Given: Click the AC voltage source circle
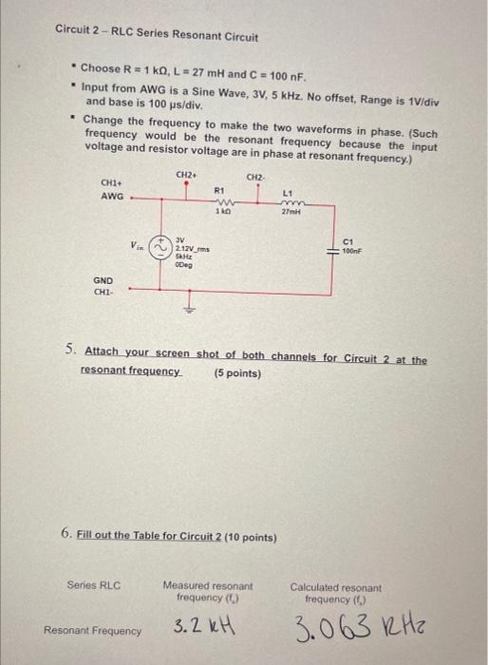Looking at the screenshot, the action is coord(162,243).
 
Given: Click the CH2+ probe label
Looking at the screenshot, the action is coord(186,174).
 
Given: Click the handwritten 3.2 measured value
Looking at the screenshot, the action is coord(194,627).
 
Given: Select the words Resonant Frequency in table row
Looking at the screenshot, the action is coord(93,629).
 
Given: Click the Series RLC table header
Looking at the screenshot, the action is coord(94,584).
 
